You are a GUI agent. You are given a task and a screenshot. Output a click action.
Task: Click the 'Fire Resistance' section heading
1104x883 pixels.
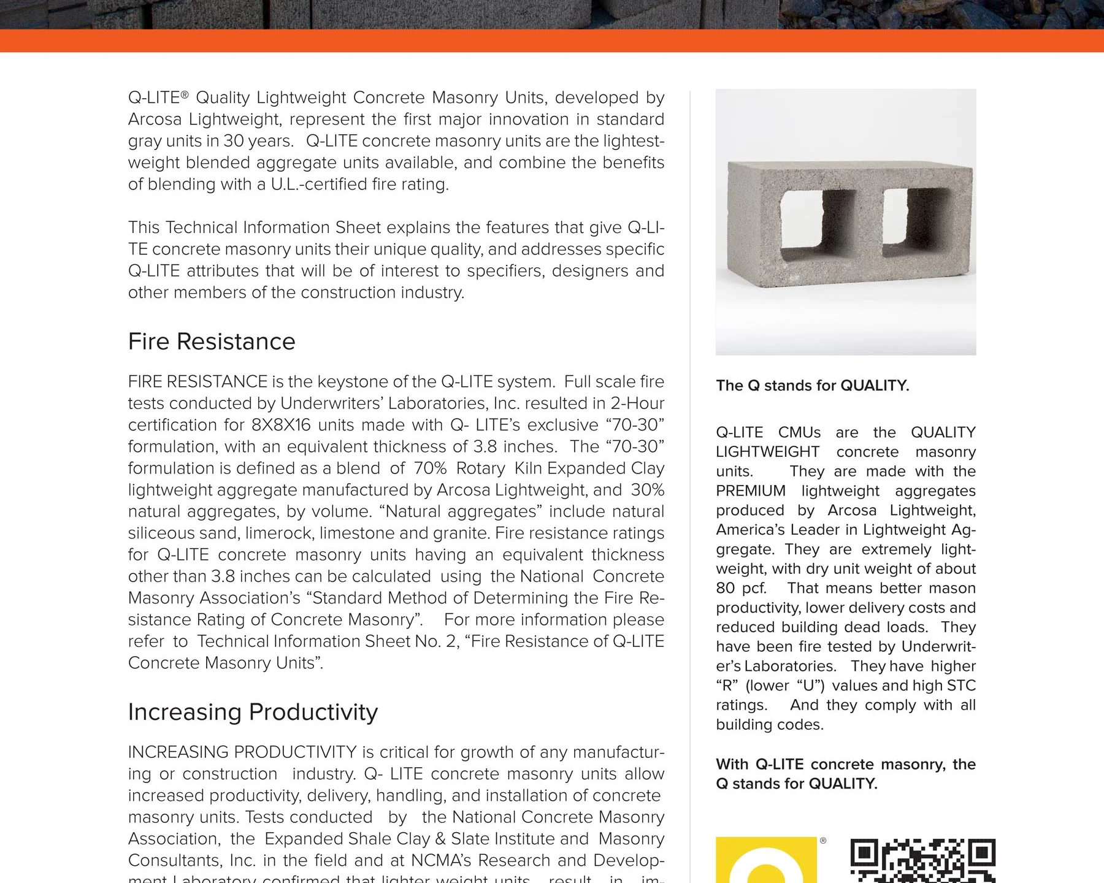(212, 342)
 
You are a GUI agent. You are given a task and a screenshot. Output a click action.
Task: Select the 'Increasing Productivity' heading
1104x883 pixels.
(253, 712)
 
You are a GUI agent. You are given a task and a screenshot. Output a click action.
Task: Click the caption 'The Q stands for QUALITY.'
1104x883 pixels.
(812, 386)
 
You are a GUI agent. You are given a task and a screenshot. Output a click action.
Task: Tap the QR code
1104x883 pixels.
(922, 861)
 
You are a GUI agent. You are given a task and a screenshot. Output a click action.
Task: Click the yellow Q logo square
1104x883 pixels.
(766, 860)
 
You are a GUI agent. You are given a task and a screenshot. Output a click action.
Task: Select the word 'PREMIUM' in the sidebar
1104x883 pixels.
(751, 491)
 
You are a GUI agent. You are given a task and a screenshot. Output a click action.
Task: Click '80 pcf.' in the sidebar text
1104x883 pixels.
(741, 589)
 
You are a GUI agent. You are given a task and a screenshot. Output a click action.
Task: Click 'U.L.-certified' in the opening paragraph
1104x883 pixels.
(320, 185)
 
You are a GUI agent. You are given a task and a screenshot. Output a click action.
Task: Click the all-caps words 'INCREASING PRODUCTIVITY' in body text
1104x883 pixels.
(242, 752)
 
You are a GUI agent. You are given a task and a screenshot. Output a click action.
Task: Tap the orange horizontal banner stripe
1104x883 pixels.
(552, 40)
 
